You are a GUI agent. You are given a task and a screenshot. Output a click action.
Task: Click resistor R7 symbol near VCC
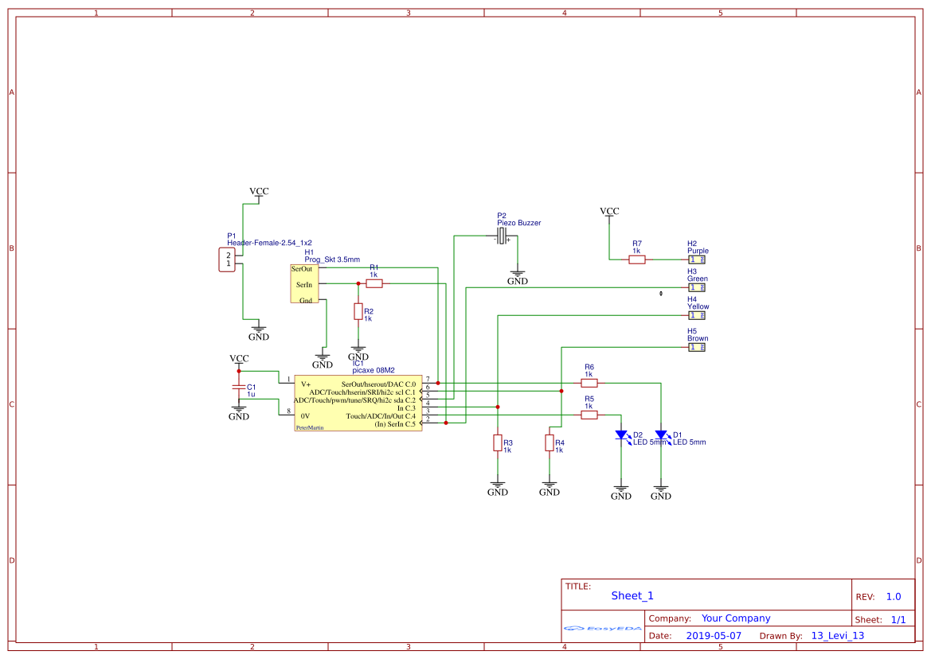636,259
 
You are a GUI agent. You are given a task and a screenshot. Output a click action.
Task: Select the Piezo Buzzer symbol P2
502,236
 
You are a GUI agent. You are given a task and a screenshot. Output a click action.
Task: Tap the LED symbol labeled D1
660,435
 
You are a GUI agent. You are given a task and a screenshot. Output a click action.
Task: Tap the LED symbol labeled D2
620,435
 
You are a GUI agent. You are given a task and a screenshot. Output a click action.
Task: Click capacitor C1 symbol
238,387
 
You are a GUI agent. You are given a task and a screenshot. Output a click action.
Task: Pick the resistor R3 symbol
497,443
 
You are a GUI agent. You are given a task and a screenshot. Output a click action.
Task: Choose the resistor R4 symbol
549,443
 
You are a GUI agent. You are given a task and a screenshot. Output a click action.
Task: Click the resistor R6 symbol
589,383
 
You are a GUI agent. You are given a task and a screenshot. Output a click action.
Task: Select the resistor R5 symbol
589,415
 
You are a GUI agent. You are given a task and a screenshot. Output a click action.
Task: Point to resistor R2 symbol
358,311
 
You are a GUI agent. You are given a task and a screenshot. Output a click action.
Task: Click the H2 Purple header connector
697,259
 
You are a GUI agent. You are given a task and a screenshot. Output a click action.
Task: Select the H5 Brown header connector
697,347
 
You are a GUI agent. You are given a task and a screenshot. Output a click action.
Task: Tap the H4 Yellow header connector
697,315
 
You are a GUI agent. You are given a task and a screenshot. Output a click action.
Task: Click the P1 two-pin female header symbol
228,259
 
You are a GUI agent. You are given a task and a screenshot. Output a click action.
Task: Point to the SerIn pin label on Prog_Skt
304,284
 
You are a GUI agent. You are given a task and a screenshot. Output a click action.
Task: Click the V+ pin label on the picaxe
306,384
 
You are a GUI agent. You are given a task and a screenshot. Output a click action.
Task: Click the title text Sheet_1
632,595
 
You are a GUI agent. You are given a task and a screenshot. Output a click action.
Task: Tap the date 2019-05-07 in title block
714,636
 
